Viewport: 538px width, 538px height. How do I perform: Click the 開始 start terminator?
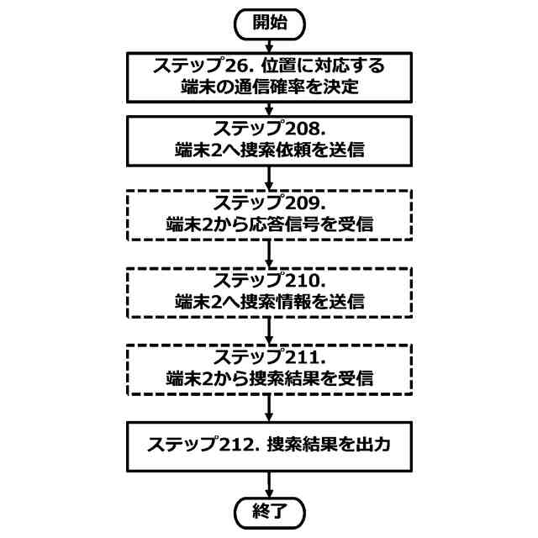coord(268,23)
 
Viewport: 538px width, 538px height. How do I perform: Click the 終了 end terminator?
coord(268,512)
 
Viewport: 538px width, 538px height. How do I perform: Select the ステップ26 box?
coord(268,76)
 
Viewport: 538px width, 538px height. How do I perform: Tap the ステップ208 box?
coord(268,140)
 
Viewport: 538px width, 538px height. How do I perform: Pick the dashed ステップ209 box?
coord(268,214)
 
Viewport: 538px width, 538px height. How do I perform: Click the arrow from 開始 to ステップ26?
coord(268,44)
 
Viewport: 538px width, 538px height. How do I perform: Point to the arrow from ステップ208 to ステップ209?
coord(268,177)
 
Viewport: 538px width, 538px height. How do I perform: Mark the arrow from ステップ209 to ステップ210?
coord(268,253)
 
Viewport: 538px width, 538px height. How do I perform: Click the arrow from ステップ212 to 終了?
coord(268,483)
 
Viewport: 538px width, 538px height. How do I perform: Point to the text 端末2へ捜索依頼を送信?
coord(269,151)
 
